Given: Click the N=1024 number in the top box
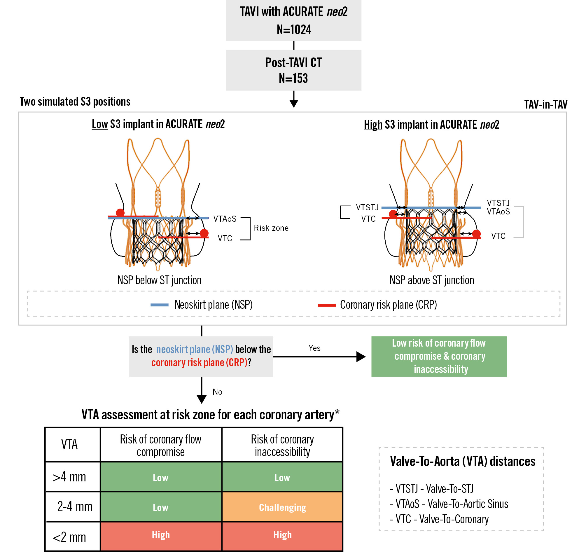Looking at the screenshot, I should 294,30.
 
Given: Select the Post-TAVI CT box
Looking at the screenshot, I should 294,70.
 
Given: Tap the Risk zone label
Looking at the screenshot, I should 271,228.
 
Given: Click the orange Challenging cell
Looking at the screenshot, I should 282,507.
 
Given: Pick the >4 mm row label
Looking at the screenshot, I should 69,477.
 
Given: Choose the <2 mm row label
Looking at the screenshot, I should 69,537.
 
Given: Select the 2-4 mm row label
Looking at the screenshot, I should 75,506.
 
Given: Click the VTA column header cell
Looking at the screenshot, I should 69,444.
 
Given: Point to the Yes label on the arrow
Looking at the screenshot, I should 314,348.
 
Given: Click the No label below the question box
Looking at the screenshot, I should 217,392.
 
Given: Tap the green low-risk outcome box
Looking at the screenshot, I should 439,357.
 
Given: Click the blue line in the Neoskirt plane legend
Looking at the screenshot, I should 160,305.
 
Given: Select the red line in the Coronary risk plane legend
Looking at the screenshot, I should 327,305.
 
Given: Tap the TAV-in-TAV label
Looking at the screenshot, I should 545,104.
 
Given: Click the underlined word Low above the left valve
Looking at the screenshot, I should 100,124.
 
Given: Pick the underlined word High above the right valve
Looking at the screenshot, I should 373,125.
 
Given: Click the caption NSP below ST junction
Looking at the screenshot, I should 159,280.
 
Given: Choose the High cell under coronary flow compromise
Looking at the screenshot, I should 161,535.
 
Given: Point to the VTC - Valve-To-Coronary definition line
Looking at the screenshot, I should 439,519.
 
